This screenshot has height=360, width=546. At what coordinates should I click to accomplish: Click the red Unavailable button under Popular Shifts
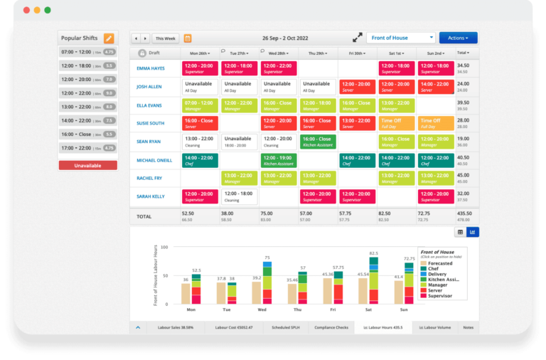tap(87, 165)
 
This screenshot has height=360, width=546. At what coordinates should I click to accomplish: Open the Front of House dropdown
tap(400, 38)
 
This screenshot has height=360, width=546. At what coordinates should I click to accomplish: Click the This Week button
tap(166, 38)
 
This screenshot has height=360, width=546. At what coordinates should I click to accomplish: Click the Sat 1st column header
tap(396, 53)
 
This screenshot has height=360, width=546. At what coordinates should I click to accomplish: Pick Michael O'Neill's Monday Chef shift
tap(200, 160)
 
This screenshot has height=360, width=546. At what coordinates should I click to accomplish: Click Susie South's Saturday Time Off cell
tap(396, 123)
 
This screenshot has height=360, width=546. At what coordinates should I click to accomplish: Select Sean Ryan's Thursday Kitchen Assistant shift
tap(317, 142)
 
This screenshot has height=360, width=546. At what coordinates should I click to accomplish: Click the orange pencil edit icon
tap(109, 38)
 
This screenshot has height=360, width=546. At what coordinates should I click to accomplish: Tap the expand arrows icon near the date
tap(357, 38)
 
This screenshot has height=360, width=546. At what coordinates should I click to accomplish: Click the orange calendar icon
tap(188, 38)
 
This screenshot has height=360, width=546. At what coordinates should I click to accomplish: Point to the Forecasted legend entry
tap(439, 263)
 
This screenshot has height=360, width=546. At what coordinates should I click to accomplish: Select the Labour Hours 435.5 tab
tap(383, 328)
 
